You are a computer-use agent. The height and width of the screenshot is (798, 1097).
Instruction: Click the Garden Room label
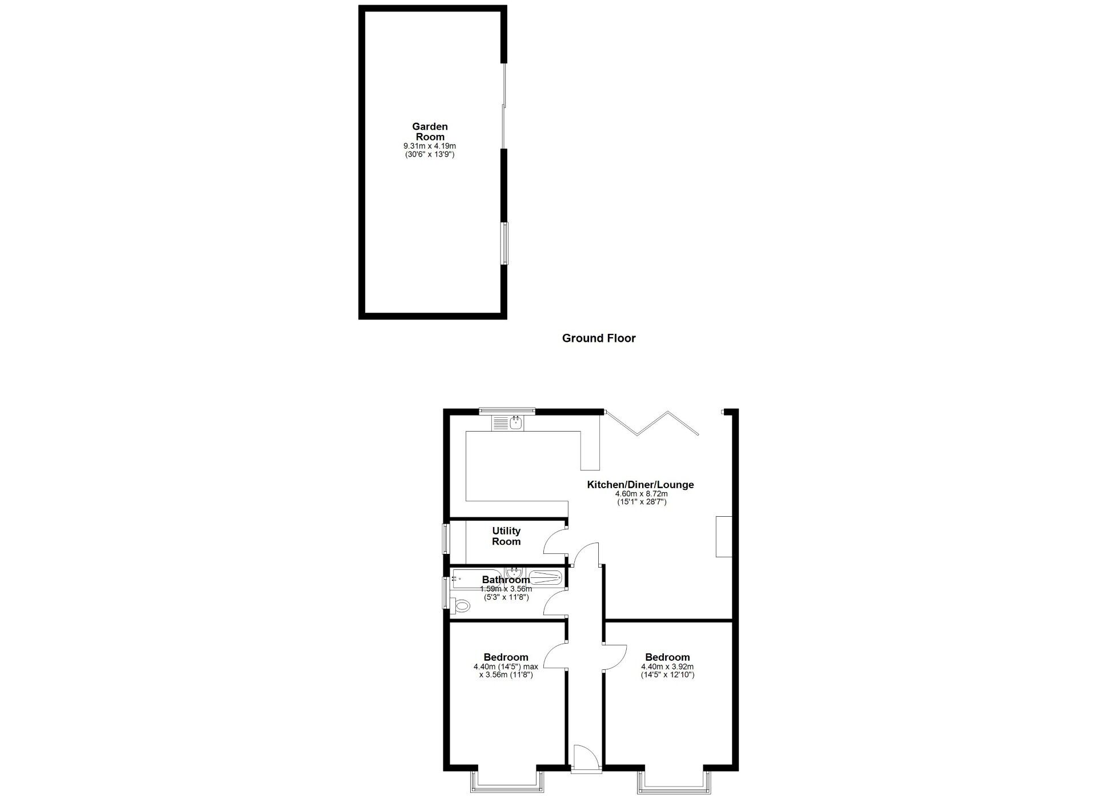(430, 131)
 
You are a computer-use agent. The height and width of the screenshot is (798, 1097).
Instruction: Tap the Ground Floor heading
(599, 338)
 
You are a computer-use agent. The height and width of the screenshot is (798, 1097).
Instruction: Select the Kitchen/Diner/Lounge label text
(640, 485)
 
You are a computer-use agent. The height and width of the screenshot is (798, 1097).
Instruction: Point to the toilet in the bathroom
(460, 605)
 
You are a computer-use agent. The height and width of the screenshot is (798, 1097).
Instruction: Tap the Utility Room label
(506, 536)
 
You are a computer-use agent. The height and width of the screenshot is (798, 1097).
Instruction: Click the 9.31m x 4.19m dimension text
(430, 146)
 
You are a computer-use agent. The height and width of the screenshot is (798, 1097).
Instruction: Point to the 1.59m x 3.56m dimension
(506, 589)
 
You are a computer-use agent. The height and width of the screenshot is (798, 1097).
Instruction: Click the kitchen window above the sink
(507, 409)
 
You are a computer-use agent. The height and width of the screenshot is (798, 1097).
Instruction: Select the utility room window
(446, 538)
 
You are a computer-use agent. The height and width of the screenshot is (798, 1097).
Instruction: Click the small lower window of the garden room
(504, 244)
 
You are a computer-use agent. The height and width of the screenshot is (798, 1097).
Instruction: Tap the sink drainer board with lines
(500, 423)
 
